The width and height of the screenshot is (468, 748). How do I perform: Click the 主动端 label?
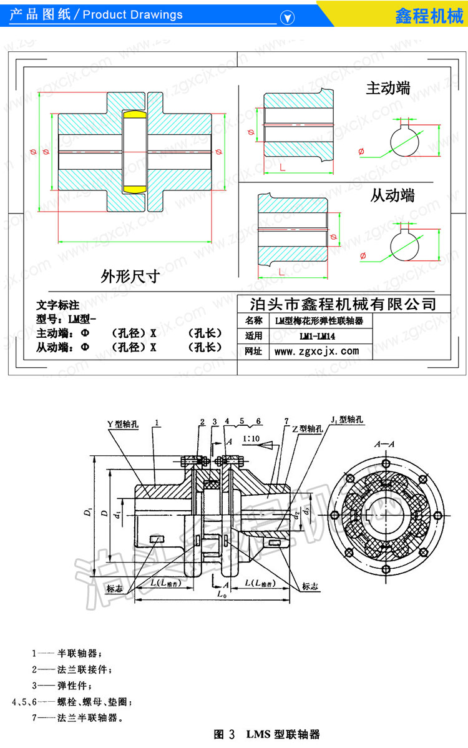[388, 89]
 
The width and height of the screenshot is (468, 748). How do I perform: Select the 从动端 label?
[392, 195]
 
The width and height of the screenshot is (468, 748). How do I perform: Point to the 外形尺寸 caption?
[130, 276]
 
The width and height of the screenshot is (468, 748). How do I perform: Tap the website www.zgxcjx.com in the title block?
[316, 352]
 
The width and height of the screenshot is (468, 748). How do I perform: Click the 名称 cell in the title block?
[254, 321]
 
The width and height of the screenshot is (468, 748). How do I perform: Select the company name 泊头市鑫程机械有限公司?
[342, 304]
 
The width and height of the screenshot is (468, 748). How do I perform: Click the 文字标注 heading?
[58, 305]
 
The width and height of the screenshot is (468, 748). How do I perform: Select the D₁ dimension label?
[87, 513]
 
